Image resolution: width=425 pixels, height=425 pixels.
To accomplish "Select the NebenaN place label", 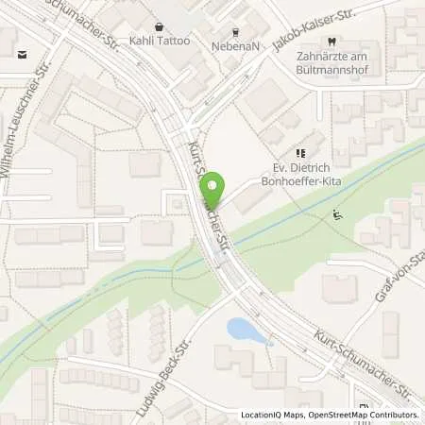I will [x=230, y=42].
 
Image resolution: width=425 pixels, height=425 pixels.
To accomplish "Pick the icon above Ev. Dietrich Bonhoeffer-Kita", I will [x=300, y=152].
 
